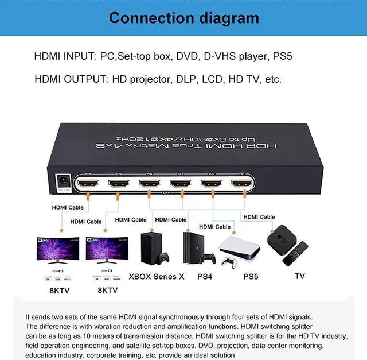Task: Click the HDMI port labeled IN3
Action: (180, 185)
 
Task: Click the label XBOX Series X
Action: (157, 276)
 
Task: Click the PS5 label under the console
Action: (251, 276)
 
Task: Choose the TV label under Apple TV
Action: (300, 276)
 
